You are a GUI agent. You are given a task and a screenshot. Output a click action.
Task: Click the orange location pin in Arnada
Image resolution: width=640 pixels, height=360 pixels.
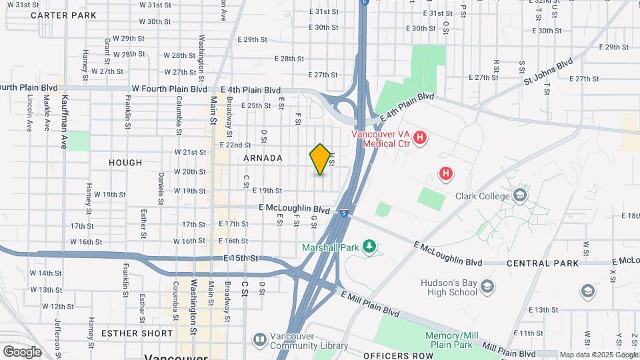[x=320, y=159]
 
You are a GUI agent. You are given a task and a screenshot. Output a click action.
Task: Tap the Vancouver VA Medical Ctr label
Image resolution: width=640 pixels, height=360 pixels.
[x=382, y=139]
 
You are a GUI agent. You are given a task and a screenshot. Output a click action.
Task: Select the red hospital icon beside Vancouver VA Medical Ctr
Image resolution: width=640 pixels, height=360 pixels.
[x=420, y=139]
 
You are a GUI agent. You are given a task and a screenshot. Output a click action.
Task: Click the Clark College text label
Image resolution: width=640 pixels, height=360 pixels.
[x=483, y=196]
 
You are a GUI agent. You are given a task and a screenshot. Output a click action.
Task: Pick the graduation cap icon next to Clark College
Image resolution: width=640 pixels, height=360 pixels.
[x=520, y=195]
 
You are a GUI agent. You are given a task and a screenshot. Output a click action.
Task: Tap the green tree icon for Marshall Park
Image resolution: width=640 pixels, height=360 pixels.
[x=369, y=247]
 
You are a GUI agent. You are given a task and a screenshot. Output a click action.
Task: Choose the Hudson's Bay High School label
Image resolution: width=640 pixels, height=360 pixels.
[x=449, y=287]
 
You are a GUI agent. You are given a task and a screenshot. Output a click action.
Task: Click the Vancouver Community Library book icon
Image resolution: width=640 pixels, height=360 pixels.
[x=259, y=340]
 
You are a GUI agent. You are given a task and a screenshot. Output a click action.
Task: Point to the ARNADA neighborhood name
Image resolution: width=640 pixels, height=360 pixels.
[x=263, y=158]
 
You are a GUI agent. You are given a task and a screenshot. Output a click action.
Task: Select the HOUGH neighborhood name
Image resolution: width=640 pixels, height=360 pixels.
[x=125, y=162]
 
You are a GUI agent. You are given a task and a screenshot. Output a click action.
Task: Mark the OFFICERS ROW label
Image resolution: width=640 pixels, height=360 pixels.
[x=398, y=355]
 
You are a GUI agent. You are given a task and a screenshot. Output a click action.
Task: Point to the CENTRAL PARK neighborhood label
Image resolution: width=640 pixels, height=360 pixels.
[x=542, y=263]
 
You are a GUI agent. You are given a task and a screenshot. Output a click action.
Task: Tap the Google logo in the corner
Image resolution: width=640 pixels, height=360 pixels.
[x=22, y=351]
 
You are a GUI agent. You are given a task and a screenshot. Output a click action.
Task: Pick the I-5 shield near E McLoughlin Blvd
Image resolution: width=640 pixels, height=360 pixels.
[x=343, y=213]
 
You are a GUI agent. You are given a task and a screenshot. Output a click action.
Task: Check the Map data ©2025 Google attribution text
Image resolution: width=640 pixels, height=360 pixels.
[x=598, y=355]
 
